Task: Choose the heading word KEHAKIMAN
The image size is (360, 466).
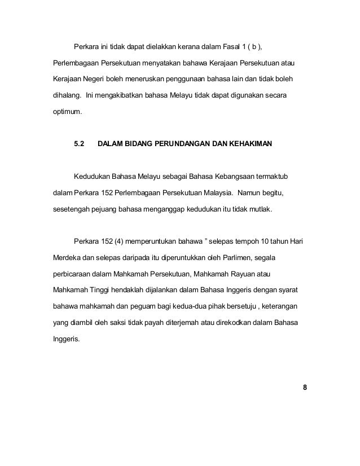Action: (249, 145)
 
